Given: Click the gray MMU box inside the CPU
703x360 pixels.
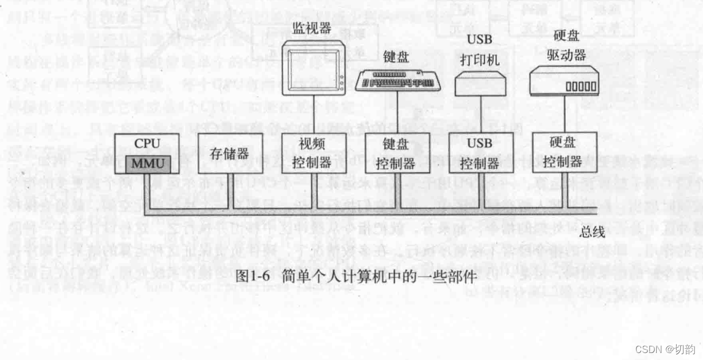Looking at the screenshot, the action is click(x=149, y=163).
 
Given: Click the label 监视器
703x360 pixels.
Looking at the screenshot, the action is click(x=312, y=28).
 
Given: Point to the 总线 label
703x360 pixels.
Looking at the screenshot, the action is click(x=592, y=232).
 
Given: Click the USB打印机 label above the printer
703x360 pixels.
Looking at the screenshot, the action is click(x=480, y=49).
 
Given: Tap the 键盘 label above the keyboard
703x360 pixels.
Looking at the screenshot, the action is click(x=396, y=57).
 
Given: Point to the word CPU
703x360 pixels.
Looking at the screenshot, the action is click(x=147, y=144).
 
